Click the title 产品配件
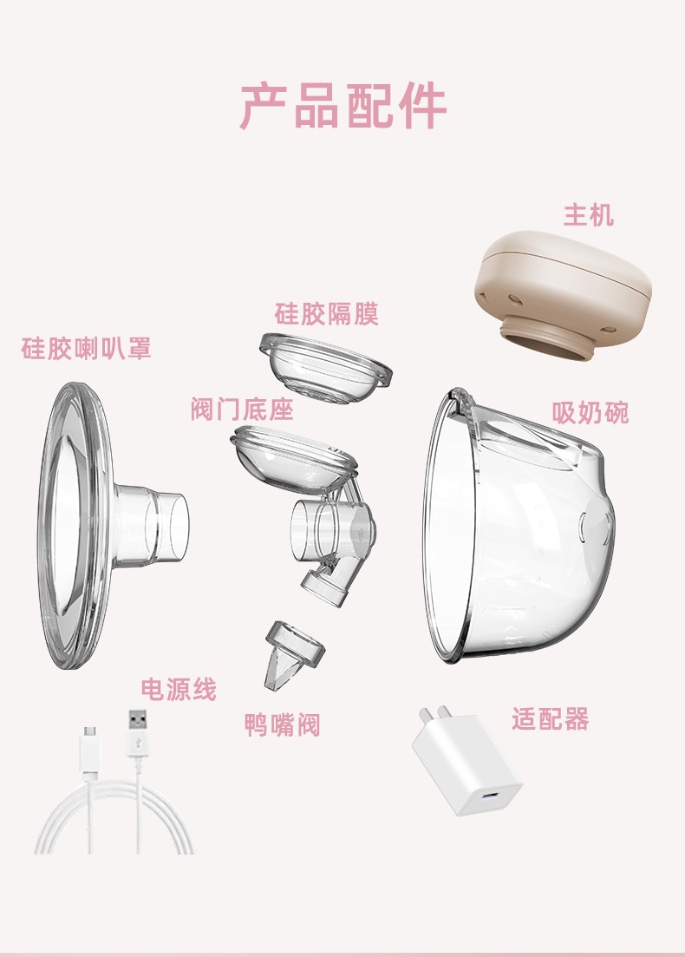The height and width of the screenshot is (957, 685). point(342,106)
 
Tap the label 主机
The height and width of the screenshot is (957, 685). point(588,215)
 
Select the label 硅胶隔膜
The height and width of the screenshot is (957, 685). point(326,314)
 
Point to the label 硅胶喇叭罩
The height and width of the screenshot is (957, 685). point(86,348)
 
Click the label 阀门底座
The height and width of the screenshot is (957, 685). point(242,409)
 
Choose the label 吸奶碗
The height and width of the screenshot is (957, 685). point(590,413)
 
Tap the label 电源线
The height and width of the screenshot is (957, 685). point(179,689)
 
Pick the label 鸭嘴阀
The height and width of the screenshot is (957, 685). point(283,725)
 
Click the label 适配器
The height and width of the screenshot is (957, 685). point(551,719)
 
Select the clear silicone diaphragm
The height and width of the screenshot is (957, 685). point(325,367)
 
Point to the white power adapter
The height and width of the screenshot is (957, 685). point(466,763)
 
